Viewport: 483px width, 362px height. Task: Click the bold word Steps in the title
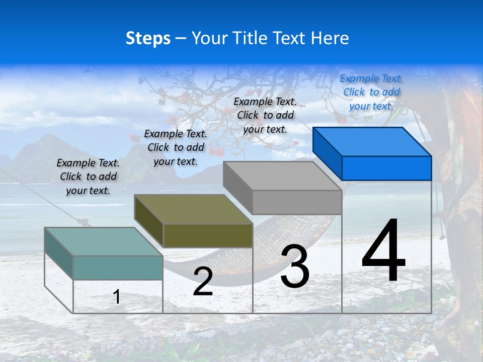tap(148, 38)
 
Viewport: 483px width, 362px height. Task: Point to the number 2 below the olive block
tap(203, 282)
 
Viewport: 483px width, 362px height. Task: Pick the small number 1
tap(117, 297)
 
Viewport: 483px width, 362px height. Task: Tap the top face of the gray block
tap(282, 176)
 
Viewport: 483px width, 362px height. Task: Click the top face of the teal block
tap(104, 241)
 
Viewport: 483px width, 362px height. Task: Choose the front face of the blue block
tap(386, 168)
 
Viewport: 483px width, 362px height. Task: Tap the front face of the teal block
tap(118, 267)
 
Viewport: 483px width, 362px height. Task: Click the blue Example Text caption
tap(371, 92)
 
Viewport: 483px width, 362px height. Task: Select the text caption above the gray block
tap(265, 115)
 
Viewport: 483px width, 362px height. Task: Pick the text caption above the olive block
tap(176, 147)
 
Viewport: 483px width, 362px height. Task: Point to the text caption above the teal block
tap(88, 176)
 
